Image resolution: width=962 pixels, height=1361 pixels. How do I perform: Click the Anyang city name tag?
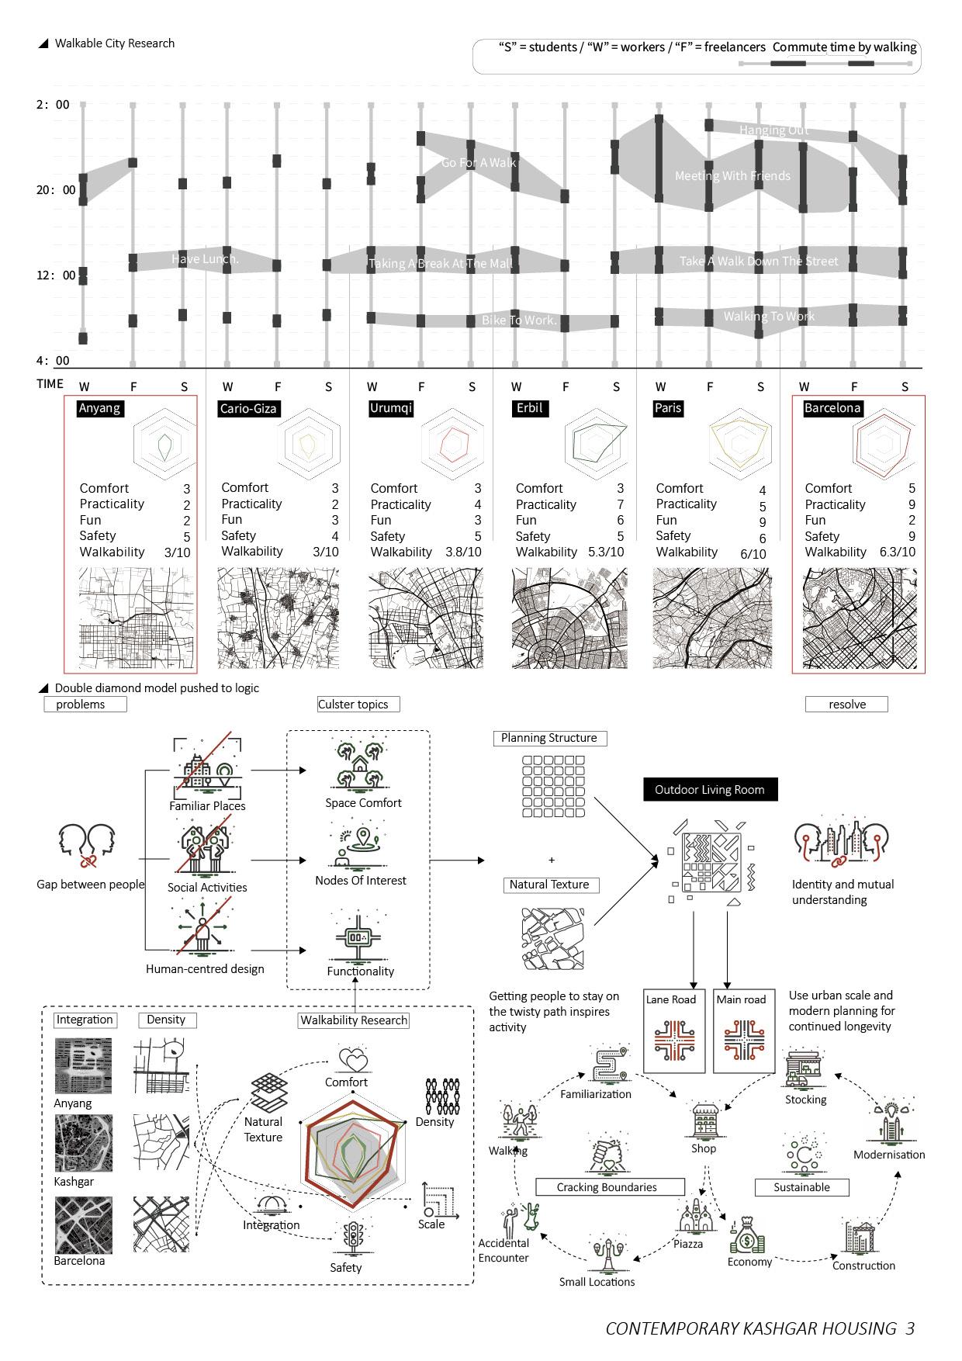(99, 408)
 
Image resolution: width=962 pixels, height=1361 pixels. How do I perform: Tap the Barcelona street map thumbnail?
(859, 618)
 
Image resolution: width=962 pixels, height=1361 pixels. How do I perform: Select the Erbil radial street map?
(569, 618)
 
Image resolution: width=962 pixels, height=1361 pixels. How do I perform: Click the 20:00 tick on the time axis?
(57, 190)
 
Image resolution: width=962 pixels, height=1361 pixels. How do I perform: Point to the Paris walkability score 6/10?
(753, 554)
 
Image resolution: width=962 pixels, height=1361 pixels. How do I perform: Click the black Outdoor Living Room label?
(710, 790)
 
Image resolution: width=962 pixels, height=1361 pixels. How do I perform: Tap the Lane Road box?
(674, 1030)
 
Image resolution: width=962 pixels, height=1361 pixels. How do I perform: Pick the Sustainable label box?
(801, 1187)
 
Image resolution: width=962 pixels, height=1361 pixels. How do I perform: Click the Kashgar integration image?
(83, 1144)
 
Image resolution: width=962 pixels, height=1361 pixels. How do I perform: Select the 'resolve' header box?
(846, 705)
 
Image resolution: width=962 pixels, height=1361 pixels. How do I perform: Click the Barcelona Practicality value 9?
(912, 505)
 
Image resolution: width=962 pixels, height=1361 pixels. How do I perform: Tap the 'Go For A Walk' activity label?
(478, 163)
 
